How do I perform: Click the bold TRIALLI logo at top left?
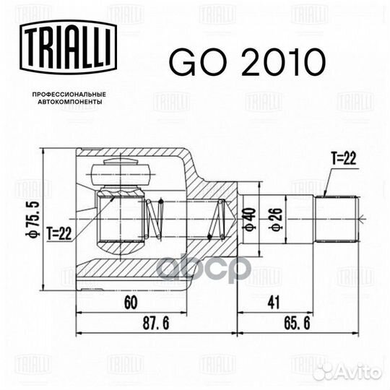[68, 47]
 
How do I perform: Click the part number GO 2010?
[247, 62]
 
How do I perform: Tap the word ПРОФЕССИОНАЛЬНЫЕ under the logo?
[69, 95]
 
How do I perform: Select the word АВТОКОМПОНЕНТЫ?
[69, 102]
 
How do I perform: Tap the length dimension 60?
[131, 303]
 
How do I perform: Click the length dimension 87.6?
[156, 323]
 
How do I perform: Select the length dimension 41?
[274, 303]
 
